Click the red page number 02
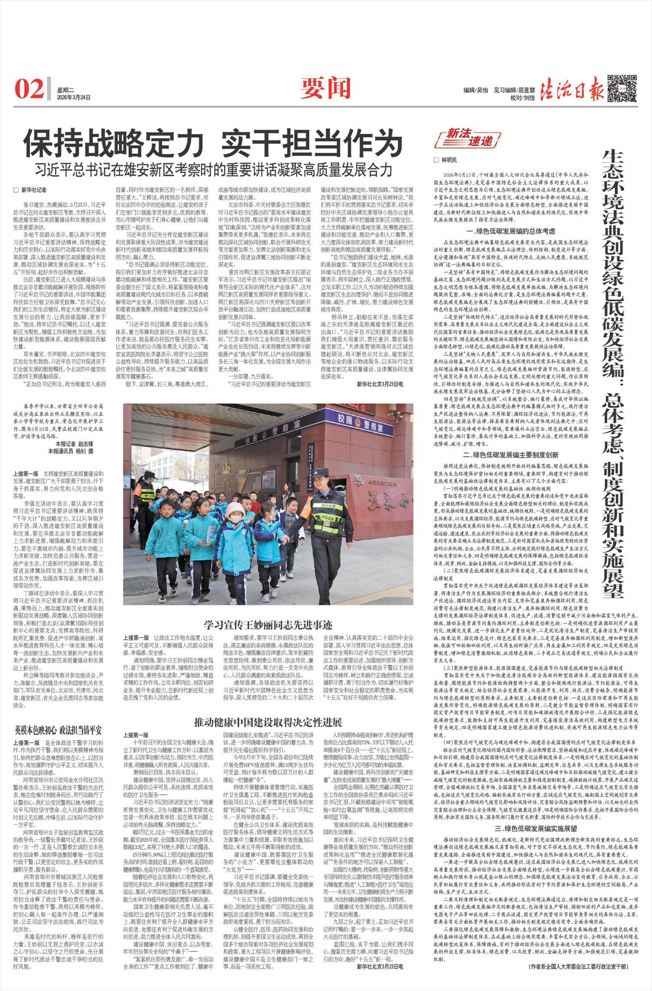(x=30, y=89)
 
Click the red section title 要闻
(x=325, y=89)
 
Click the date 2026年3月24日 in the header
(x=74, y=98)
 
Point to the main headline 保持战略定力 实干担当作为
(x=213, y=143)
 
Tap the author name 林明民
(x=449, y=160)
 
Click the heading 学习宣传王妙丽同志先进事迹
(x=268, y=625)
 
